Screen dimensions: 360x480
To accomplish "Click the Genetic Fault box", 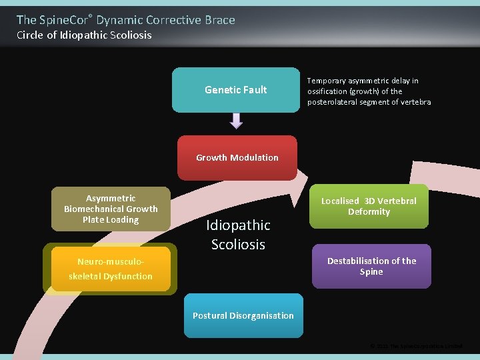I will point(236,90).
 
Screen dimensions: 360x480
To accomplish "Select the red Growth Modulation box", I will point(237,158).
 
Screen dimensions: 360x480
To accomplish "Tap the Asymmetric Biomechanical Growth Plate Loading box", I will point(111,209).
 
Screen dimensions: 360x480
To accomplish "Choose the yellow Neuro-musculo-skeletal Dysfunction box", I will point(111,269).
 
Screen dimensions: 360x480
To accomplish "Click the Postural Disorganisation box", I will point(243,315).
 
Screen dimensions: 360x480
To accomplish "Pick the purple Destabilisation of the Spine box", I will point(371,266).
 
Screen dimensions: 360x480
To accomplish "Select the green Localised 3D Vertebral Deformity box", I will point(369,206).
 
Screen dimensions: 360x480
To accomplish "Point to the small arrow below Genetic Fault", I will point(236,121).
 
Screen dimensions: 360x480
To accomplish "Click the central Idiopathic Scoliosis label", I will point(238,235).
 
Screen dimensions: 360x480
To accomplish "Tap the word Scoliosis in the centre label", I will point(238,245).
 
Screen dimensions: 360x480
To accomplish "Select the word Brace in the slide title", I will point(219,20).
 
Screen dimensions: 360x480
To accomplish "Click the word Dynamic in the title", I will point(118,20).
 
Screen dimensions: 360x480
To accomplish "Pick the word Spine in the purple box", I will point(371,272).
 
